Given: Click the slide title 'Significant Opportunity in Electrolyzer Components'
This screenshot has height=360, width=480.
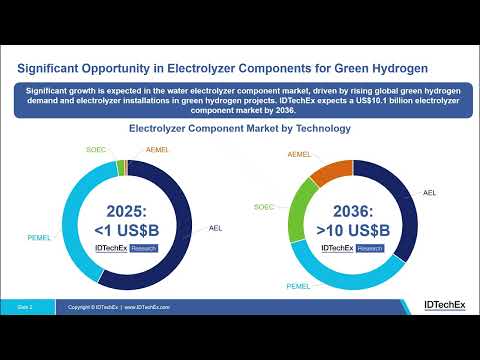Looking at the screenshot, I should pyautogui.click(x=224, y=68).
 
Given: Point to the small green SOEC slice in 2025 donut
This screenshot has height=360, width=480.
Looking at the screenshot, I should pyautogui.click(x=120, y=167).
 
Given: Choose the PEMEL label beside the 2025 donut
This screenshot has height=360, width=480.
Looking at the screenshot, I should pyautogui.click(x=38, y=238).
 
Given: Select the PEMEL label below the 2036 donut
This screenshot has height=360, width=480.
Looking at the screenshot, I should pyautogui.click(x=298, y=287).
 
